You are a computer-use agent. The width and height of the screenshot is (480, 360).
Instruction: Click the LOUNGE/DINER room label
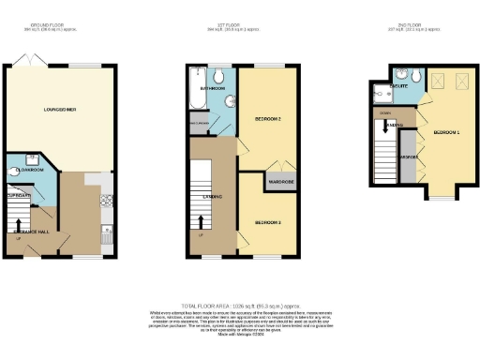[x=60, y=111]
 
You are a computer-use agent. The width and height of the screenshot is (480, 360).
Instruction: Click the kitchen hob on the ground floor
[x=108, y=199]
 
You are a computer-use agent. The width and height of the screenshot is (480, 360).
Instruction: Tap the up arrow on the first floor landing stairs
[x=200, y=234]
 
